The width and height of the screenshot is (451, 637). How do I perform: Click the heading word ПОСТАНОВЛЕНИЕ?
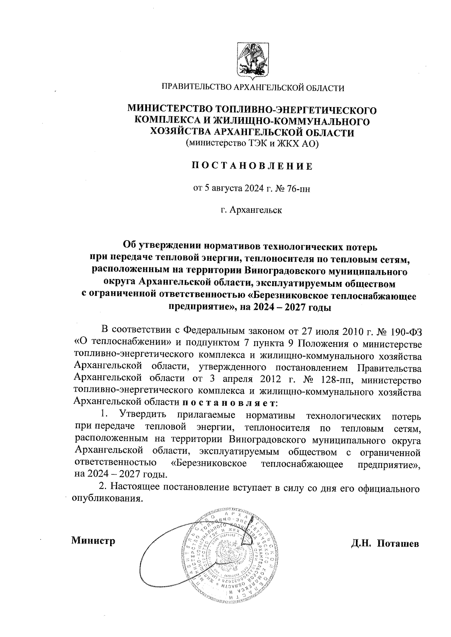[252, 166]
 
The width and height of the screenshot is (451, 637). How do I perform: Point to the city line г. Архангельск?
[251, 210]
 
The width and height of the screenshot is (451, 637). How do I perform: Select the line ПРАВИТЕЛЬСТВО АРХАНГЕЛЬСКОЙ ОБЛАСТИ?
[253, 88]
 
